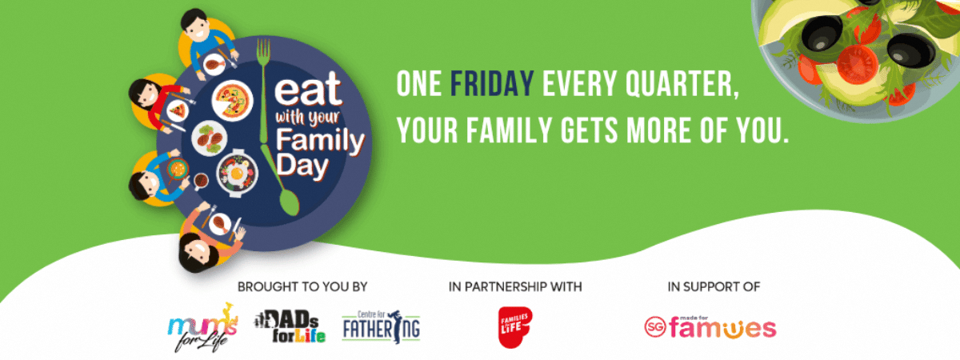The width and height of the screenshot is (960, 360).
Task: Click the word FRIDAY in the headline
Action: (x=492, y=84)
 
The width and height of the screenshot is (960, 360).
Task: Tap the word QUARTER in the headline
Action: (x=682, y=85)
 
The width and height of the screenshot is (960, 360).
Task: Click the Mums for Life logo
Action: (x=202, y=328)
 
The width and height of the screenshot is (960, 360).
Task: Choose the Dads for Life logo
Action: (x=290, y=326)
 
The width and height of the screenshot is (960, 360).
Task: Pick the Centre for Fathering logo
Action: (x=381, y=326)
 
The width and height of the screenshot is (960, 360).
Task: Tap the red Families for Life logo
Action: (x=515, y=327)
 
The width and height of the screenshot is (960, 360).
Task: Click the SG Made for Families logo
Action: (x=710, y=328)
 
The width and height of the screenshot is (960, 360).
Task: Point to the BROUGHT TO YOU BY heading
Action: (x=302, y=286)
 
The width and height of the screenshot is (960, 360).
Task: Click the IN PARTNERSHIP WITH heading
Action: (x=515, y=286)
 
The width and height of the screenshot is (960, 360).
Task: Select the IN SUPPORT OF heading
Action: (x=714, y=286)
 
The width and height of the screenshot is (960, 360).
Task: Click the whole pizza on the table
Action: (x=232, y=100)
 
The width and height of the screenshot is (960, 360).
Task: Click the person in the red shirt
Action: (x=159, y=103)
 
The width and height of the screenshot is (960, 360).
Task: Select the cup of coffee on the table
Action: (x=201, y=181)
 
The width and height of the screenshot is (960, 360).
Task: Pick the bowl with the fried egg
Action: (x=237, y=173)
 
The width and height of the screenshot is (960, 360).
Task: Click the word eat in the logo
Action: (x=307, y=90)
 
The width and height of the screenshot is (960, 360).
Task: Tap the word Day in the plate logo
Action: (x=302, y=166)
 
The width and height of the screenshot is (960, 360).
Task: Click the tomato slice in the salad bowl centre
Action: (x=857, y=64)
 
